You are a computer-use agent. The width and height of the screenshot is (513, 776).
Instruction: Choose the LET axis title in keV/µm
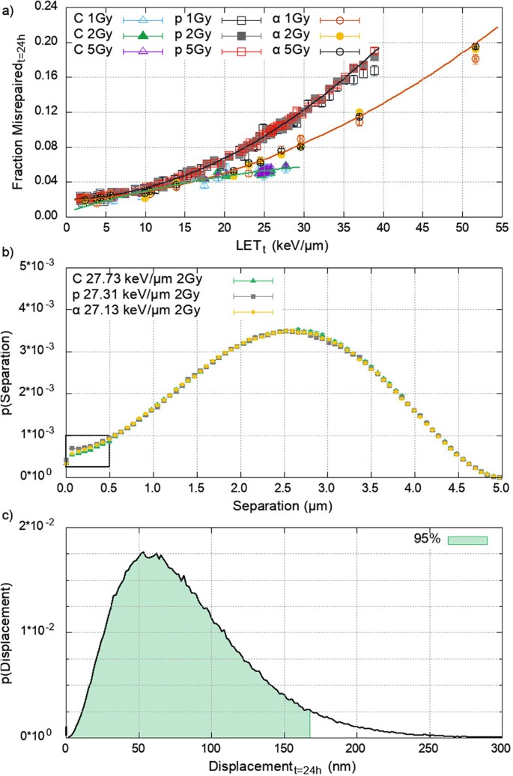pos(282,244)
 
